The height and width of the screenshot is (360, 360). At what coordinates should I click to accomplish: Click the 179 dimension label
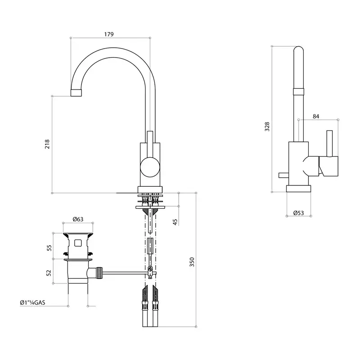click(109, 34)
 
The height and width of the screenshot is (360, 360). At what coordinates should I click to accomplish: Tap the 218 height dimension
click(47, 144)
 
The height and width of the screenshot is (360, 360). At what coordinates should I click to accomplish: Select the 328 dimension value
click(267, 126)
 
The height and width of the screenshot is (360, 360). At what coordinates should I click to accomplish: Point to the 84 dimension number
click(316, 117)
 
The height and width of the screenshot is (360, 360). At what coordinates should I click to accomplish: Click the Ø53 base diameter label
click(298, 213)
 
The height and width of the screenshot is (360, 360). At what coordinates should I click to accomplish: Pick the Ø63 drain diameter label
click(78, 219)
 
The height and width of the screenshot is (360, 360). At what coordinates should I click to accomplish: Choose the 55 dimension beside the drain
click(49, 248)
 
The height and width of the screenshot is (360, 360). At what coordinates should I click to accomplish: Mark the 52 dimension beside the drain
click(49, 273)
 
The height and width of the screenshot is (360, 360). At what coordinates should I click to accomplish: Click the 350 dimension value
click(192, 262)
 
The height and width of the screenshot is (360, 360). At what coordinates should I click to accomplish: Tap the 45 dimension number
click(175, 222)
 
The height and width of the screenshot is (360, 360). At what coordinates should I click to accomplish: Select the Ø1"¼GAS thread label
click(32, 302)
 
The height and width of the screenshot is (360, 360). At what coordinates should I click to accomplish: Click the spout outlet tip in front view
click(76, 93)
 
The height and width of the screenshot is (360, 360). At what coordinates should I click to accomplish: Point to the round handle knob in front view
click(150, 167)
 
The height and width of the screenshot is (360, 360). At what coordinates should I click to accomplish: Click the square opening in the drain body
click(78, 243)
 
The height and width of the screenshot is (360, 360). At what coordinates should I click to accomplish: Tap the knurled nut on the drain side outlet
click(99, 273)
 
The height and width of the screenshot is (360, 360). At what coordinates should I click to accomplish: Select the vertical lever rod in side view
click(329, 144)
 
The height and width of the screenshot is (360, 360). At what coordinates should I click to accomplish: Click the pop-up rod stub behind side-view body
click(283, 175)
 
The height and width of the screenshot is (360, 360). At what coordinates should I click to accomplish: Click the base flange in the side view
click(299, 189)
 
